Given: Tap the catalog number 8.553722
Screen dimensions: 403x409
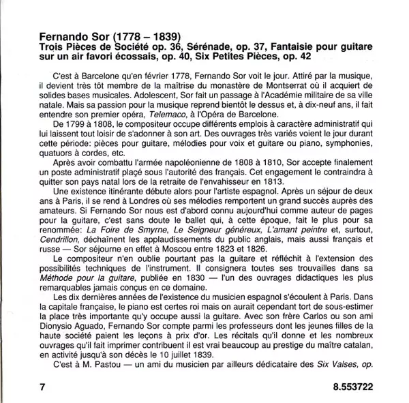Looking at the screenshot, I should [344, 385].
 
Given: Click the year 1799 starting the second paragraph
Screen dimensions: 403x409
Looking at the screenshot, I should [74, 128].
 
